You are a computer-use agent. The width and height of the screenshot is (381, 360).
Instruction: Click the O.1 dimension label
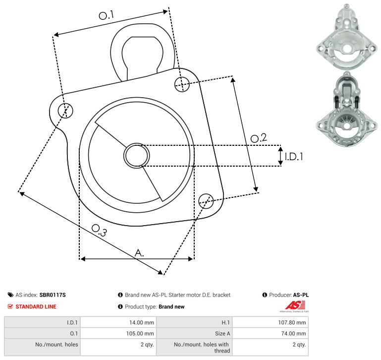[x=107, y=15]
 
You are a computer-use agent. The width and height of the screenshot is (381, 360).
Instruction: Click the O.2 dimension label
[x=259, y=138]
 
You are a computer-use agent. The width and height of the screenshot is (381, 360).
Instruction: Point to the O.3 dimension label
[x=99, y=230]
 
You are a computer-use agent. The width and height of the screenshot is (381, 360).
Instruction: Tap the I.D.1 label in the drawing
[x=294, y=157]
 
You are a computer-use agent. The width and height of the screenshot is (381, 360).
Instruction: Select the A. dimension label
[x=139, y=253]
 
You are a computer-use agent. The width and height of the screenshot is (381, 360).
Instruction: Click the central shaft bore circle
[x=137, y=155]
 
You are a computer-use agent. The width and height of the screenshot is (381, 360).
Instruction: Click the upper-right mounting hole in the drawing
[x=182, y=84]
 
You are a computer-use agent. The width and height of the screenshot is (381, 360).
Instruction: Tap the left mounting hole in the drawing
[x=65, y=111]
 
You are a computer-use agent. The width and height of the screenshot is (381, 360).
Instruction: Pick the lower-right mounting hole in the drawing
[x=206, y=201]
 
